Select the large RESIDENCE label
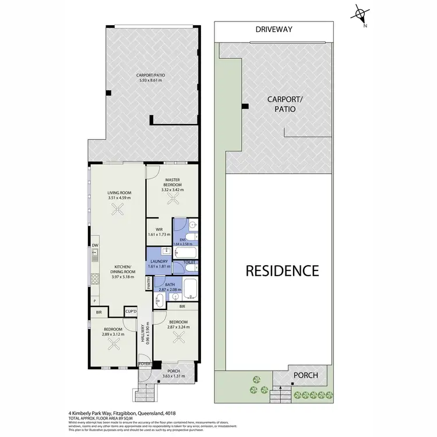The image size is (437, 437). coord(282,270)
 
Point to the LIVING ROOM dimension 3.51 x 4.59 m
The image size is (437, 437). coord(119,198)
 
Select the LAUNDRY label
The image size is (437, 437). coord(158,262)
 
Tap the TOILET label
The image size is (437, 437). coord(190,263)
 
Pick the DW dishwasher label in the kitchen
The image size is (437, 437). coord(94,245)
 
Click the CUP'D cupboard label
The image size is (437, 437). coord(131,312)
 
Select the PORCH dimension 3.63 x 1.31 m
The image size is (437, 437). coord(174,376)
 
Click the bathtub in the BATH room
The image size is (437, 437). coord(190,286)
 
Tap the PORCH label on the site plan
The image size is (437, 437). coord(305,375)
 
